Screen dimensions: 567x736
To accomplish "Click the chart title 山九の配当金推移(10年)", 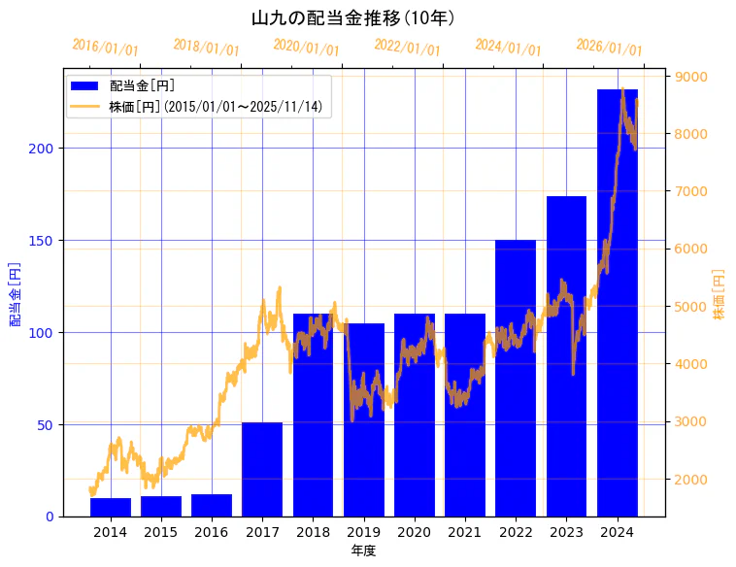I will click(x=353, y=18).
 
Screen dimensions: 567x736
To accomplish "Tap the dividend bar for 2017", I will click(x=262, y=469).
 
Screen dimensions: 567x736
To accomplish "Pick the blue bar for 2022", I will click(x=516, y=378).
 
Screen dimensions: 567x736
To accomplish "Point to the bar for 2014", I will click(x=111, y=507).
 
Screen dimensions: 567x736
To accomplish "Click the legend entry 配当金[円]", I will click(x=142, y=85).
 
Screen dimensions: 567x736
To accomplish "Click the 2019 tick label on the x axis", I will click(x=364, y=532).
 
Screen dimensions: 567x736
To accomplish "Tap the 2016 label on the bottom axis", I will click(x=212, y=532).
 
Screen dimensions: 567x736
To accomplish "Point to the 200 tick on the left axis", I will click(x=43, y=149).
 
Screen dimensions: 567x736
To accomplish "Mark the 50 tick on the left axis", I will click(x=47, y=425).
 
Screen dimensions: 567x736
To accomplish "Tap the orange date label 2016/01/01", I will click(x=106, y=48).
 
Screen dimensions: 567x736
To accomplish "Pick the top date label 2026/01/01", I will click(x=609, y=48).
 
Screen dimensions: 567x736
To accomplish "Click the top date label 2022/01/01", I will click(x=407, y=48).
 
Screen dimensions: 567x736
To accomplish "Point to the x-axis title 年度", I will click(x=363, y=550).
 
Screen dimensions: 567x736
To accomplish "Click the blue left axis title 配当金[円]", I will click(x=16, y=293).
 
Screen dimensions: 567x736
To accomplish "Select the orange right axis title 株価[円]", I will click(x=719, y=294).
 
